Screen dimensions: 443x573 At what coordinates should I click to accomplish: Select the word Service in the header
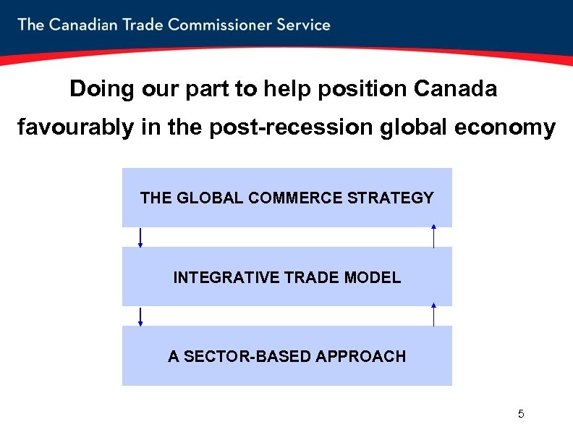coord(303,25)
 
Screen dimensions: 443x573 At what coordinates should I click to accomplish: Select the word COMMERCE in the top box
coord(295,198)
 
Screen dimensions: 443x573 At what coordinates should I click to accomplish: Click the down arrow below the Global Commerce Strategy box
coord(140,237)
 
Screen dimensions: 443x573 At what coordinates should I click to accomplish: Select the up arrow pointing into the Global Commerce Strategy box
coord(433,237)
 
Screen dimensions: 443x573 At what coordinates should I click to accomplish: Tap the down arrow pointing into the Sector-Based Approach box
coord(140,316)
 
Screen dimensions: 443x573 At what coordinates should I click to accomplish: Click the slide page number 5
coord(521,414)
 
